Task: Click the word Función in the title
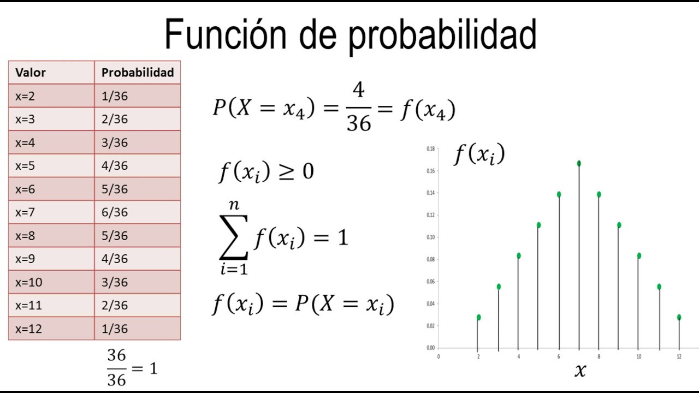click(225, 34)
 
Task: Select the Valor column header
click(31, 73)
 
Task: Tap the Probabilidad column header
click(138, 73)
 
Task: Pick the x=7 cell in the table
click(25, 212)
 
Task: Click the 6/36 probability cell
click(115, 212)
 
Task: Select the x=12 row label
click(28, 329)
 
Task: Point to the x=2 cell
click(25, 96)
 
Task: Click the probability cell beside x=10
click(115, 282)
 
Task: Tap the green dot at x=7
click(579, 163)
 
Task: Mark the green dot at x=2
click(479, 317)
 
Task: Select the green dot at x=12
click(679, 317)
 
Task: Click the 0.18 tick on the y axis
click(431, 148)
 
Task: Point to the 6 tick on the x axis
click(559, 356)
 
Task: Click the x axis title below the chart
click(580, 371)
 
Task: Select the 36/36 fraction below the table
click(116, 368)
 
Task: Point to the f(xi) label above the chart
click(479, 155)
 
